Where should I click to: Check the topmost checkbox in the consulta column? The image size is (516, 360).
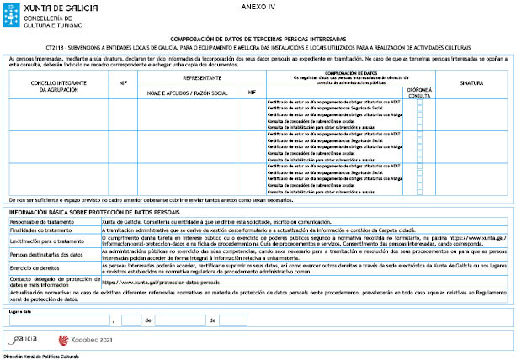[x=419, y=102]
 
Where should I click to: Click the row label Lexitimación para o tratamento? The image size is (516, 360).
[x=45, y=241]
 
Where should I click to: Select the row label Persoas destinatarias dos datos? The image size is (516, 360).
[x=45, y=253]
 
